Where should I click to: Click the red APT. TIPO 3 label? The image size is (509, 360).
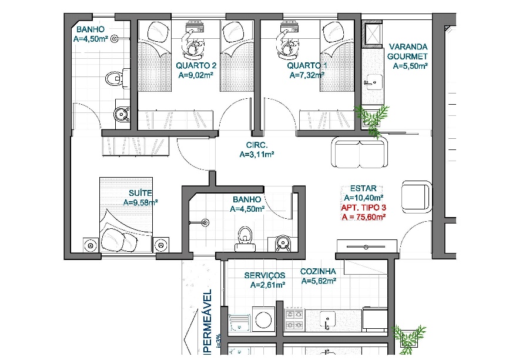tap(363, 208)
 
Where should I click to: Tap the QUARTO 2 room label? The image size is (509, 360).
tap(196, 66)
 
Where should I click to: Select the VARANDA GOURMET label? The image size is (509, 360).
tap(408, 52)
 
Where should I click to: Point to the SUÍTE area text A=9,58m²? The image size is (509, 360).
tap(140, 202)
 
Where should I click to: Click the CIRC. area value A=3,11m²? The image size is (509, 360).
tap(257, 155)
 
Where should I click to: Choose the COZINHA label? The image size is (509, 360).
tap(318, 272)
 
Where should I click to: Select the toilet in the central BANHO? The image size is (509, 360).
tap(245, 239)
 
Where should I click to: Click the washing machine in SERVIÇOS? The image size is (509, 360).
tap(263, 319)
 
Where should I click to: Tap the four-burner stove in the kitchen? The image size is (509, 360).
tap(294, 319)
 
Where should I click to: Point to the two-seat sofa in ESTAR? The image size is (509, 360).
tap(360, 153)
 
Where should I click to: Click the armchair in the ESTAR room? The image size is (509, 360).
tap(417, 197)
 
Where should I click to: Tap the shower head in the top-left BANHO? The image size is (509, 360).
tap(114, 39)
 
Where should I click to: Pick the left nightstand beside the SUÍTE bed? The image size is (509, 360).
tap(91, 245)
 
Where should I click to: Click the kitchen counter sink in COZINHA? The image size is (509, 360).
tap(327, 319)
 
